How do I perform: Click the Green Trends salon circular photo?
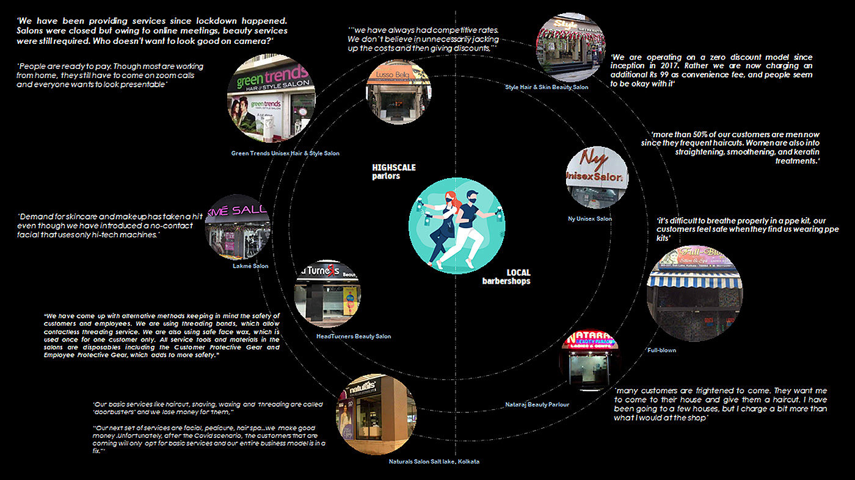(271, 99)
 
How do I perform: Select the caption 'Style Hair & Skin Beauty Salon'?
(547, 87)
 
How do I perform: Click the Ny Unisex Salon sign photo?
(597, 177)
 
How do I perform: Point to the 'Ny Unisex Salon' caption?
(589, 218)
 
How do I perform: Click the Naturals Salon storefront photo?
(376, 414)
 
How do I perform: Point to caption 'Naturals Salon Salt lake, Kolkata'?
(434, 462)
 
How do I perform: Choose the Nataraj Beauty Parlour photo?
(589, 362)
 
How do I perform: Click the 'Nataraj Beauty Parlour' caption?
(537, 404)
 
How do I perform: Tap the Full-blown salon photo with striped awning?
(694, 293)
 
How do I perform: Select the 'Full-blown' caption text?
(661, 351)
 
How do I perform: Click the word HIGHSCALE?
(394, 167)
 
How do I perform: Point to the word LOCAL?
(518, 273)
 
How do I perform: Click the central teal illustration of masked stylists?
(457, 226)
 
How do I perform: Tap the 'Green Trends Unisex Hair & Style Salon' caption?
(285, 153)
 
